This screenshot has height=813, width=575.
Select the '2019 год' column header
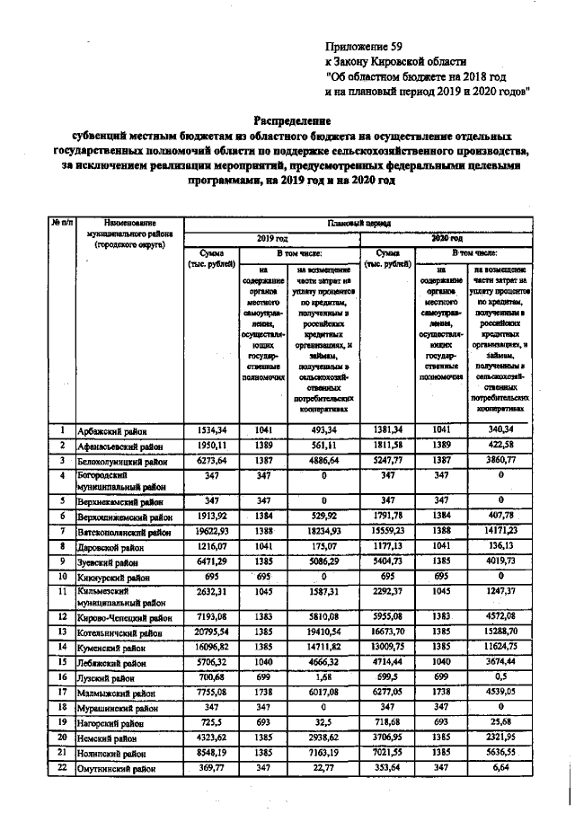click(x=271, y=238)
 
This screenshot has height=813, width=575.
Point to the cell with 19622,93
click(x=212, y=532)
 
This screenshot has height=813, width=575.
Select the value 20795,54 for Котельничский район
click(x=212, y=632)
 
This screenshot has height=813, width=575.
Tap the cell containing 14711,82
click(x=323, y=646)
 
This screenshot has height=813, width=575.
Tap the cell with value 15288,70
click(x=501, y=632)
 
